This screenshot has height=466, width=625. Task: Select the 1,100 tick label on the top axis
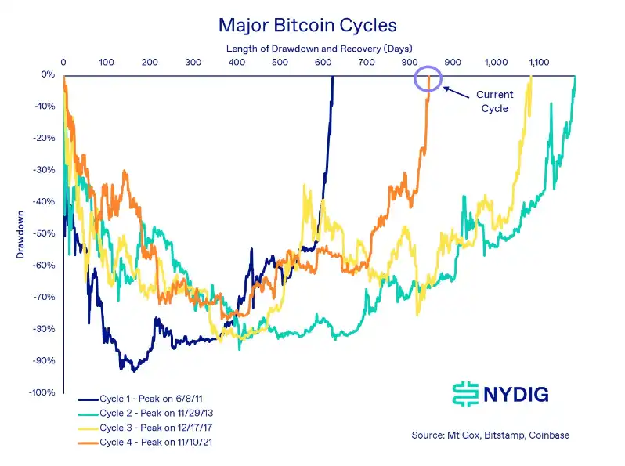539,61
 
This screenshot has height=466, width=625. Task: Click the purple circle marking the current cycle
428,78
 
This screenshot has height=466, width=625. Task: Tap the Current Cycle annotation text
494,102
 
